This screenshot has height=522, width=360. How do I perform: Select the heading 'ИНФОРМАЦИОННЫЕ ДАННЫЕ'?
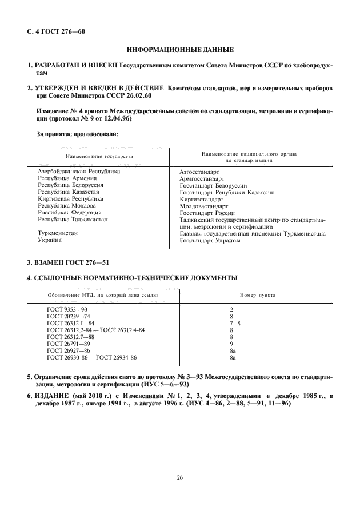tap(180, 51)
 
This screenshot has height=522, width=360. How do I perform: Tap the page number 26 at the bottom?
tap(180, 479)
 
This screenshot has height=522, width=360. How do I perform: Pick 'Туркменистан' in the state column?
tap(58, 233)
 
